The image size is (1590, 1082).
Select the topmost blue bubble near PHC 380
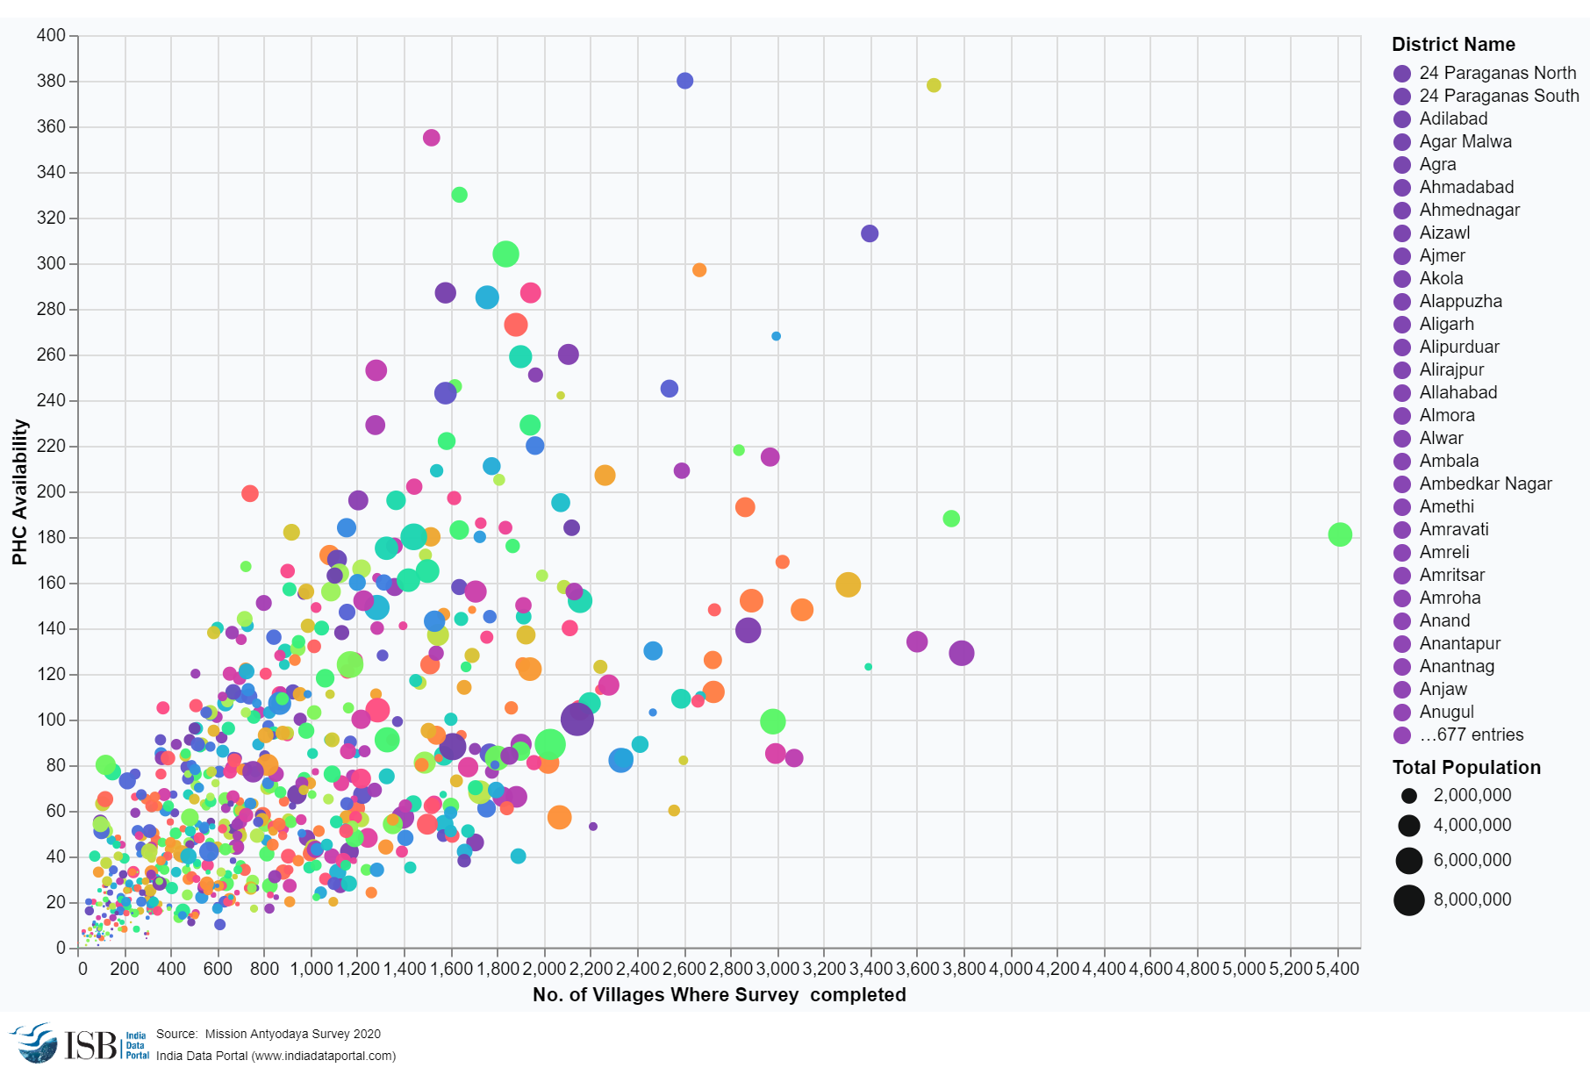[x=684, y=81]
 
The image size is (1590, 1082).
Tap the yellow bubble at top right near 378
[x=934, y=85]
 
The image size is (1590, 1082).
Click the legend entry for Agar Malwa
[x=1465, y=141]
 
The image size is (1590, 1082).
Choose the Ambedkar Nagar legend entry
[x=1485, y=484]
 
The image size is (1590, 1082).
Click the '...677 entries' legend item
[x=1471, y=734]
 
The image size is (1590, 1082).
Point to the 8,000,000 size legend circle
[x=1408, y=899]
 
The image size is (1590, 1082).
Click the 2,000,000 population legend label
[x=1472, y=795]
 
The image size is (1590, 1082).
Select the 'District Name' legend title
[x=1453, y=44]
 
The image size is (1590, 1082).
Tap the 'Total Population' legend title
[x=1465, y=767]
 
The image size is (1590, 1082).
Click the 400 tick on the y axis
[x=51, y=35]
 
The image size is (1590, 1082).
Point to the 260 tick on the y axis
[x=51, y=355]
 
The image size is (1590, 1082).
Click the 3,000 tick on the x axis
[x=777, y=969]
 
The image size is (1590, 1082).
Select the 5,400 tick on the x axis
[x=1337, y=969]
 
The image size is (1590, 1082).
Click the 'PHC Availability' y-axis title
[x=19, y=491]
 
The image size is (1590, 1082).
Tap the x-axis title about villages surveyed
[x=719, y=994]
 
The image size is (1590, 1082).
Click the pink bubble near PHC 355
[x=431, y=138]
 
